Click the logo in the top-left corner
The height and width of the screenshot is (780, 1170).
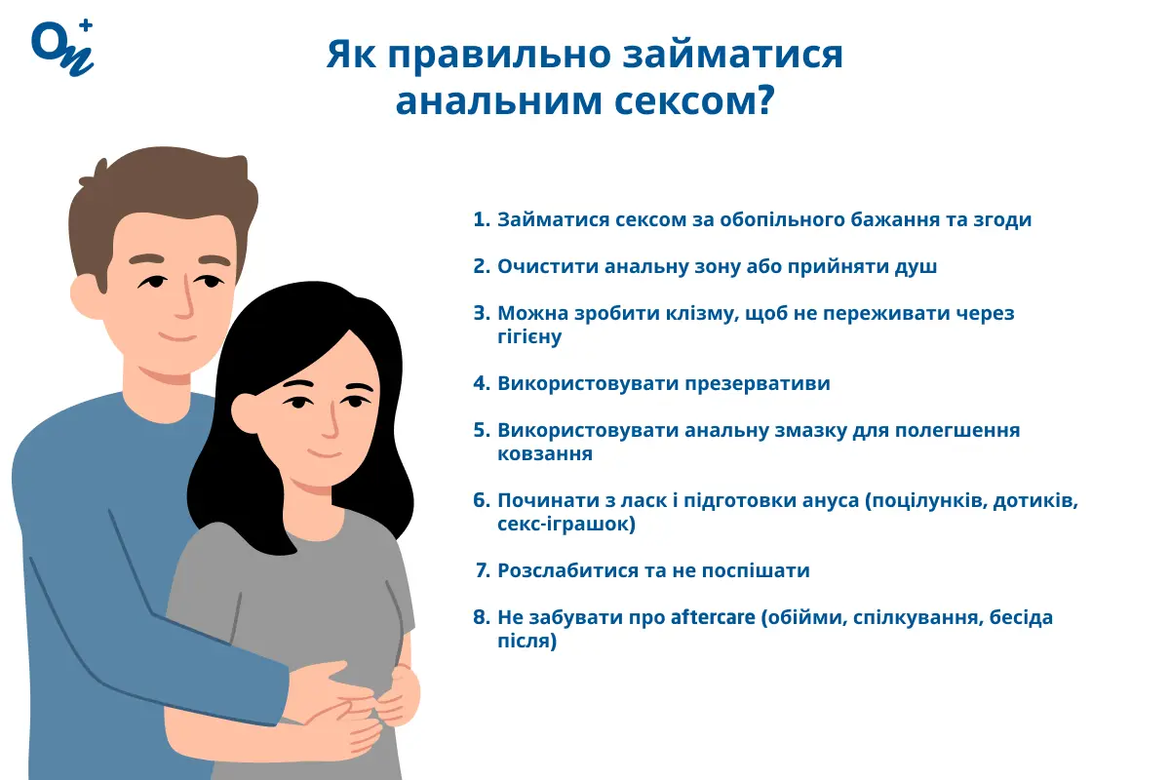[61, 46]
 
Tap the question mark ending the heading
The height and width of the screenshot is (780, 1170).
[763, 101]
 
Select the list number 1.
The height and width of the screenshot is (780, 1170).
[479, 219]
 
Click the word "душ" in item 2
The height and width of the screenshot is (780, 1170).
[917, 266]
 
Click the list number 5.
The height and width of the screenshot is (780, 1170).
[479, 430]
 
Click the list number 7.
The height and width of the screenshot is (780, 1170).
[481, 570]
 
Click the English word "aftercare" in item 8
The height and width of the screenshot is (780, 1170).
[713, 617]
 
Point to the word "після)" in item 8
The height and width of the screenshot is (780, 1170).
[526, 641]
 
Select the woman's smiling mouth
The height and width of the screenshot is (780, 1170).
[320, 453]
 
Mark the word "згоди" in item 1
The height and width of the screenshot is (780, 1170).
[1001, 219]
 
